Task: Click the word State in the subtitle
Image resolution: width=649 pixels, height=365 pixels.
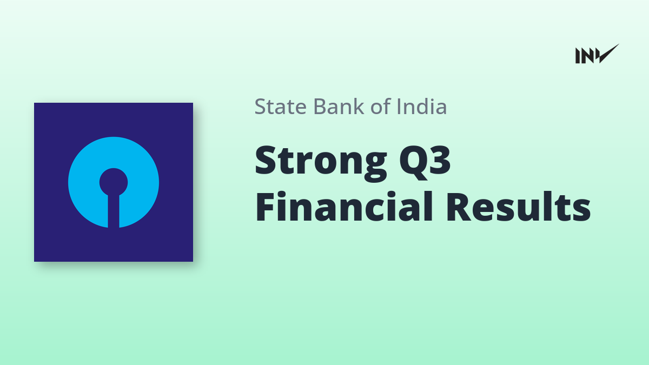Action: coord(281,107)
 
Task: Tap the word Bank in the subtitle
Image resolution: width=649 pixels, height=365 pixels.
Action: coord(339,107)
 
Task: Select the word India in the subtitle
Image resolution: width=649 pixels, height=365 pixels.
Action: coord(421,107)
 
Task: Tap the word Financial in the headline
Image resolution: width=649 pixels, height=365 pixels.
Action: coord(344,206)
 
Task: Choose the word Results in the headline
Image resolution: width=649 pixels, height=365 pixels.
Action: coord(518,207)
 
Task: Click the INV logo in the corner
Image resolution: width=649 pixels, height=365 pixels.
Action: coord(597,54)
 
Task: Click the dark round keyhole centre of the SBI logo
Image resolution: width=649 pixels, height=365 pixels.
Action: coord(114,182)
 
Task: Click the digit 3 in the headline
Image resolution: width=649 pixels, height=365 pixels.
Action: coord(440,160)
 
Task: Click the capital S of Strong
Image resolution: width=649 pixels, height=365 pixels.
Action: coord(265,160)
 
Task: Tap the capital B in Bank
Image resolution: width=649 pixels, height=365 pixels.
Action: coord(320,107)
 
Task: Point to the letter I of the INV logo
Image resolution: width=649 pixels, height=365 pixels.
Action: coord(578,56)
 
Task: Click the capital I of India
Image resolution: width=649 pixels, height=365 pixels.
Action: coord(399,107)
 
